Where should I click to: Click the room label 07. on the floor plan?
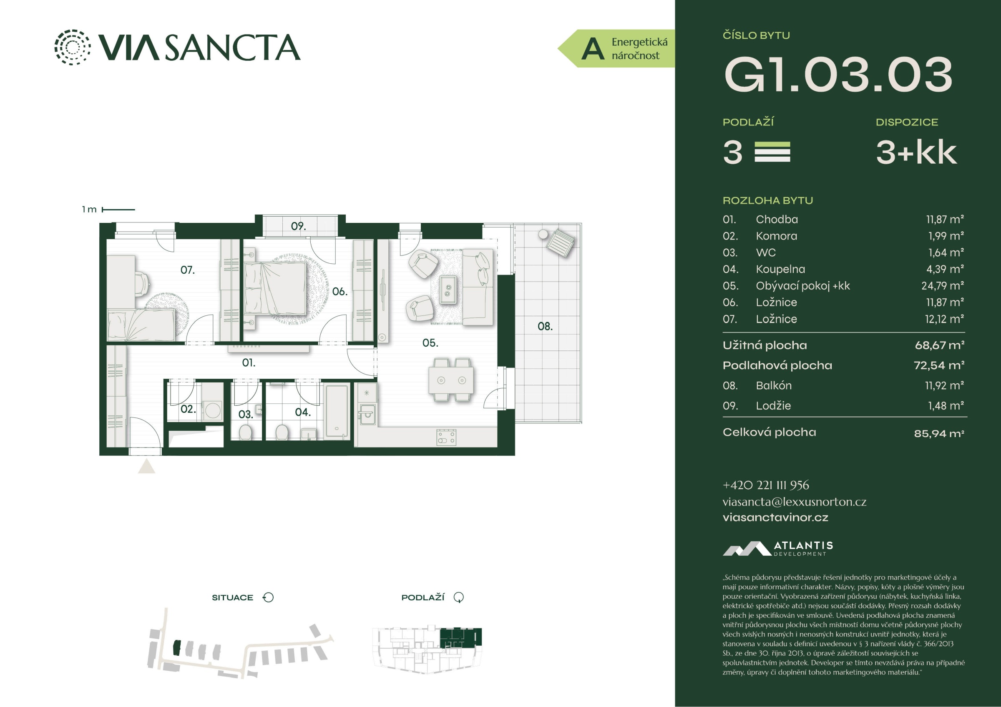click(x=187, y=270)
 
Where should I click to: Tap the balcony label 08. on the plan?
click(x=545, y=326)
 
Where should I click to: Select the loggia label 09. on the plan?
click(x=298, y=226)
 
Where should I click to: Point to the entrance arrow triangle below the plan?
click(x=146, y=466)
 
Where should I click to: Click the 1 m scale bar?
click(x=118, y=210)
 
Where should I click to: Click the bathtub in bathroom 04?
click(x=337, y=411)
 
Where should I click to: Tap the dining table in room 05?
click(x=451, y=380)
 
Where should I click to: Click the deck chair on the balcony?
click(x=560, y=242)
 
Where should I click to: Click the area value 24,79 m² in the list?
click(x=943, y=286)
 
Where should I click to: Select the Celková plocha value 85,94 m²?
click(x=939, y=433)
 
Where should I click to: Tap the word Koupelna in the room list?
click(x=780, y=269)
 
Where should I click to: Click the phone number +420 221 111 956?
click(x=766, y=485)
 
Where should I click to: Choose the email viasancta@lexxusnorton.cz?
click(x=795, y=502)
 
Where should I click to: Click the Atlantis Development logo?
click(x=778, y=548)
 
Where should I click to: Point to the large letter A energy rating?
click(x=593, y=49)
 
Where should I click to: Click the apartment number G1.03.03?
click(x=838, y=75)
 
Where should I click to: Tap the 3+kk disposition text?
click(x=916, y=152)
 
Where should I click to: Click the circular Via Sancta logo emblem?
click(x=73, y=47)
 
